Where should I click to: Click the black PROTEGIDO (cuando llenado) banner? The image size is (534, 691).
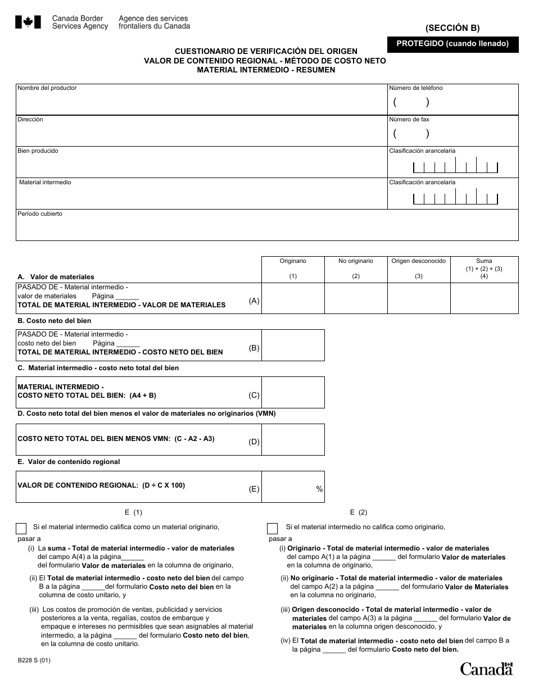pos(452,44)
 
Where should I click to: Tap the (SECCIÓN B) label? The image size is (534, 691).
pos(452,28)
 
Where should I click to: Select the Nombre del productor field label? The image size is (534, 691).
pos(47,88)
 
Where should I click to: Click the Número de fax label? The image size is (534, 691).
pos(409,120)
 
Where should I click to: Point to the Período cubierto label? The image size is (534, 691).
pos(40,214)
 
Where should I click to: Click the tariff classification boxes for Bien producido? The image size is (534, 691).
pos(455,166)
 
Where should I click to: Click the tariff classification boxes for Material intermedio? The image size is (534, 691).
pos(455,198)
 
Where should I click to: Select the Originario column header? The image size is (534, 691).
pos(293,261)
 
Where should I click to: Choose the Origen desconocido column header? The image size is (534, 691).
pos(419,261)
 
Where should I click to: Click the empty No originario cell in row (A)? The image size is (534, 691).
pos(356,298)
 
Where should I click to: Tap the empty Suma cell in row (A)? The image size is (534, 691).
pos(484,298)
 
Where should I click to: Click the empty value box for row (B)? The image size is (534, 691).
pos(293,345)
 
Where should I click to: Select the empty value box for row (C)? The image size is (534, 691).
pos(293,392)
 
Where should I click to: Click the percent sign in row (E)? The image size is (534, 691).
pos(319,489)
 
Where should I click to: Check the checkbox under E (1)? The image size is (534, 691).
pos(21,528)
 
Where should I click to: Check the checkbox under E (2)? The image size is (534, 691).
pos(272,528)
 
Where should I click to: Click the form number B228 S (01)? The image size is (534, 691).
pos(34,661)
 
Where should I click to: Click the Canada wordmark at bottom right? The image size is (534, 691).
pos(486,669)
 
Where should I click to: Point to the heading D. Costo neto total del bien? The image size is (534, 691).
pos(146,413)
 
